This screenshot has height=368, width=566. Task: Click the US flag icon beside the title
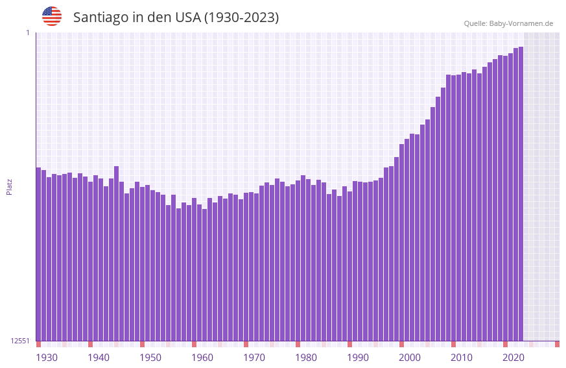(x=52, y=16)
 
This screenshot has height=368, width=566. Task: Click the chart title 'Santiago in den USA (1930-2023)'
(x=176, y=18)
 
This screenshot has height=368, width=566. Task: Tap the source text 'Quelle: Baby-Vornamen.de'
(x=508, y=23)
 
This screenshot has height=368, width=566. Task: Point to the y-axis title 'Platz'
(x=9, y=186)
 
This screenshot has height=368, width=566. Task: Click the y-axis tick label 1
(x=28, y=32)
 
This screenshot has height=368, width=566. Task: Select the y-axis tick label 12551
(x=20, y=341)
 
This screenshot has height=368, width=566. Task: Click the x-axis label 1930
(x=47, y=358)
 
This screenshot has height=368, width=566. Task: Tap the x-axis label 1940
(x=99, y=358)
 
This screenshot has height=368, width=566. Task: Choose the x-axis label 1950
(x=150, y=358)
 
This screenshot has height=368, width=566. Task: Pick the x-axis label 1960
(x=202, y=358)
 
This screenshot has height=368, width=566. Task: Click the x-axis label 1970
(x=254, y=358)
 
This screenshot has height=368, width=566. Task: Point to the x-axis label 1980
(x=306, y=358)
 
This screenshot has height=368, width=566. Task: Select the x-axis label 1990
(x=358, y=358)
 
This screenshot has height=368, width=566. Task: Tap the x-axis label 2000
(x=410, y=358)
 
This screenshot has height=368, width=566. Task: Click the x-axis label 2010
(x=462, y=358)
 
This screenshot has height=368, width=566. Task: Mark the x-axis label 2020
(x=513, y=358)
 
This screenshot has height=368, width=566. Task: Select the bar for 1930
(x=38, y=254)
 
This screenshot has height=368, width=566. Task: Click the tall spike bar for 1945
(x=116, y=253)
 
